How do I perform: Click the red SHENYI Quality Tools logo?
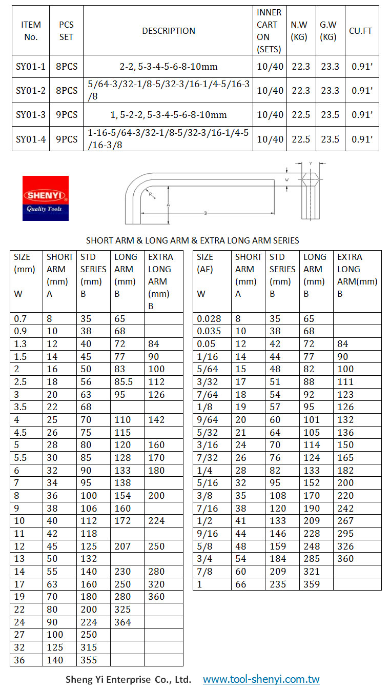tap(45, 198)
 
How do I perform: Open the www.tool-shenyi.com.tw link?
tap(261, 680)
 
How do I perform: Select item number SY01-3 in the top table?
tap(31, 115)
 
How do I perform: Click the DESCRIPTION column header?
tap(168, 31)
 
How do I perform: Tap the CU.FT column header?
tap(360, 31)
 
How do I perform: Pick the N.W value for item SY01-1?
tap(300, 67)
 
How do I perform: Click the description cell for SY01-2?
tap(168, 90)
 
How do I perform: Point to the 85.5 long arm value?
tap(125, 382)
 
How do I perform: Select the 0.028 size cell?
tap(209, 319)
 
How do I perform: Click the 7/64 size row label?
tap(207, 395)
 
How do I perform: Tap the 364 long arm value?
tap(122, 622)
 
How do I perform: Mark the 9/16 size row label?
tap(208, 534)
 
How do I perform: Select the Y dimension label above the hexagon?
tap(311, 164)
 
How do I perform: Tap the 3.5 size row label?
tap(22, 407)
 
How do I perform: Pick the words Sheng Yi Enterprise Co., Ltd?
tap(128, 680)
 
